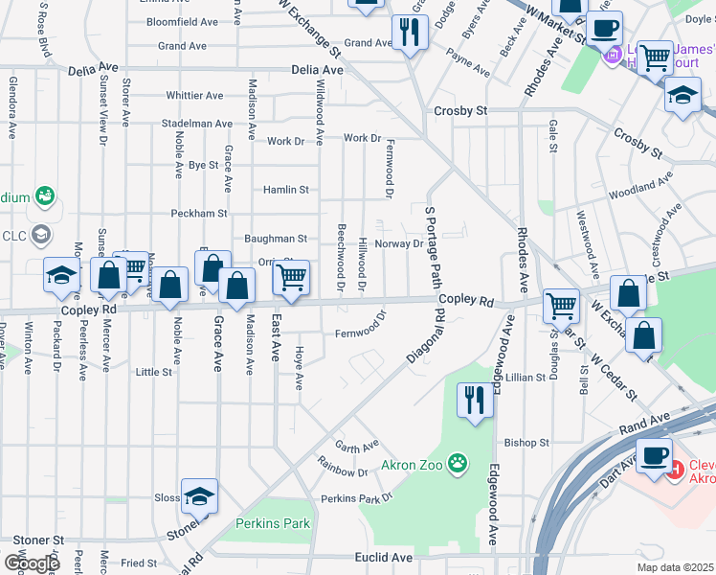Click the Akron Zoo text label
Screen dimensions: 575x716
[413, 466]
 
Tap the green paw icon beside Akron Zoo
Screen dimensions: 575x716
[459, 465]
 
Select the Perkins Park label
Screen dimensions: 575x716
[273, 524]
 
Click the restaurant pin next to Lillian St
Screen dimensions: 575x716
[474, 400]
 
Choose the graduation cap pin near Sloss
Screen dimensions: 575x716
[199, 496]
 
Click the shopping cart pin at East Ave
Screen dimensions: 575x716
[291, 278]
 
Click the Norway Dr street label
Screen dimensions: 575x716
[399, 243]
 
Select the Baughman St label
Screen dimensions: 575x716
[275, 238]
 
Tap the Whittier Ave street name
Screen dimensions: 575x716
[194, 96]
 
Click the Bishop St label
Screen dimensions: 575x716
[526, 443]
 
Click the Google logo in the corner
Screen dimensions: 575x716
[33, 563]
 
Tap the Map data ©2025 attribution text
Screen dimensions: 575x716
[674, 567]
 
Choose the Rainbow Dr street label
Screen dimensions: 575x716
[349, 472]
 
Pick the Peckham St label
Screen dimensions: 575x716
[199, 213]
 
